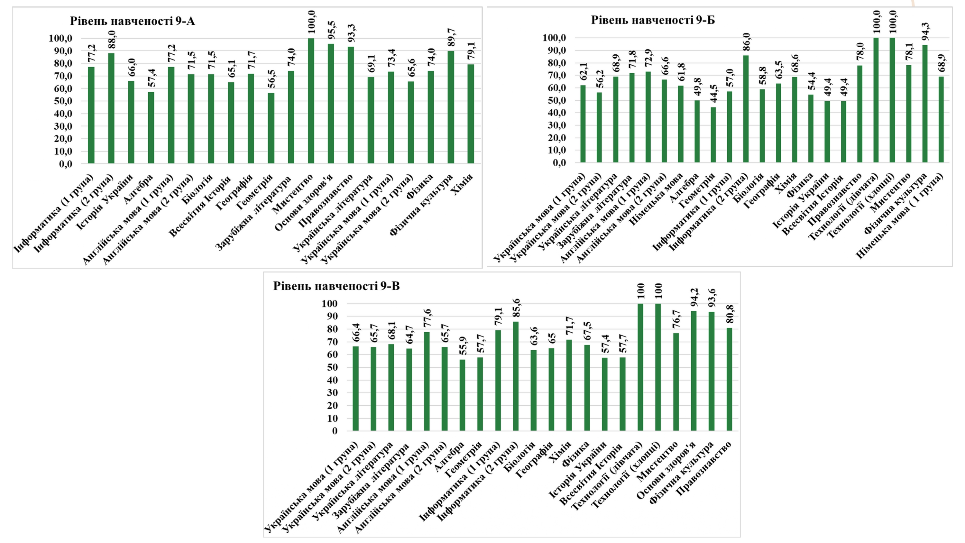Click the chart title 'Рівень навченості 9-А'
[132, 21]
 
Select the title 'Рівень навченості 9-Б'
[653, 20]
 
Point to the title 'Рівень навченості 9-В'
[336, 286]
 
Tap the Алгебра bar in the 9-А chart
[151, 127]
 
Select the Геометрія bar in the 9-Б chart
[713, 135]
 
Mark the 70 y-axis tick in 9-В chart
[329, 342]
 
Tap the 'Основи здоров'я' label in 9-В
[666, 470]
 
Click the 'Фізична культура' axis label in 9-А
[421, 205]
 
